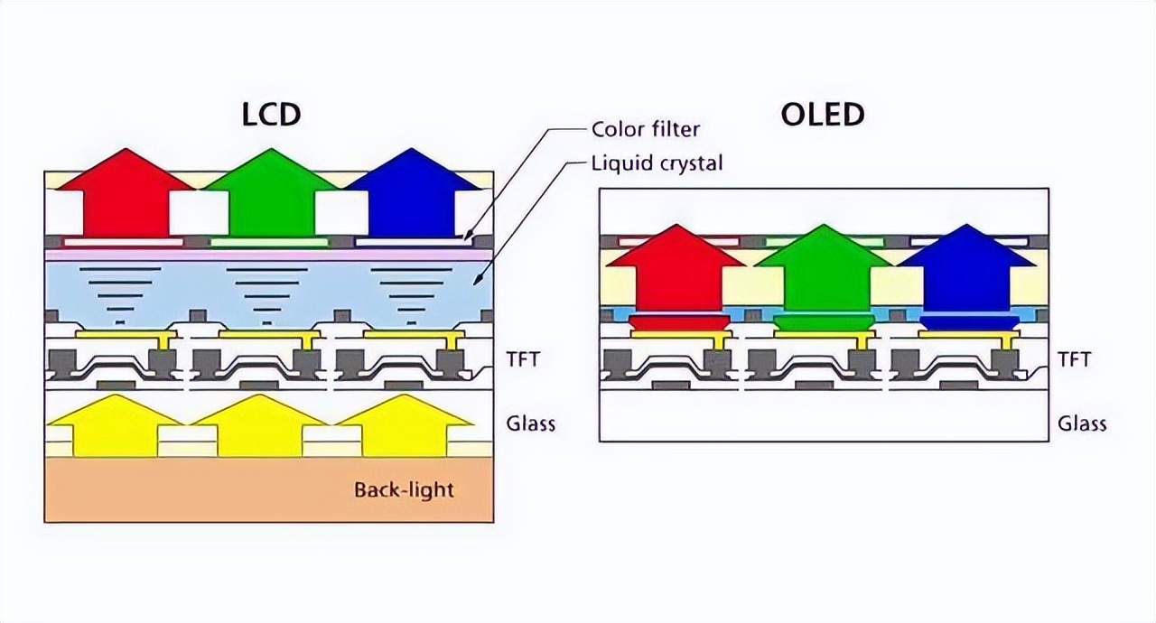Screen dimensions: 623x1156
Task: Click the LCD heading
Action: pyautogui.click(x=271, y=116)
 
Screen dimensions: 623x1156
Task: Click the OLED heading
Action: pyautogui.click(x=823, y=115)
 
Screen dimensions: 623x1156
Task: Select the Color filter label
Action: pyautogui.click(x=646, y=129)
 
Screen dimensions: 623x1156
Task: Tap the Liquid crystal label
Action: pyautogui.click(x=657, y=163)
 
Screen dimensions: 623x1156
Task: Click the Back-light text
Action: pyautogui.click(x=404, y=490)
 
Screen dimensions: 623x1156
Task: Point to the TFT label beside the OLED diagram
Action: pyautogui.click(x=1074, y=359)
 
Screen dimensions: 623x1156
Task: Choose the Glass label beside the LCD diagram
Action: pyautogui.click(x=530, y=423)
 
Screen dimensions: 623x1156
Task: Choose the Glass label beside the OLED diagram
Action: pyautogui.click(x=1082, y=423)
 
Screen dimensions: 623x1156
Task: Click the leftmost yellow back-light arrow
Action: pyautogui.click(x=115, y=428)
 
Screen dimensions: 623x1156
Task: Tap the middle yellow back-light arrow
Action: pyautogui.click(x=259, y=428)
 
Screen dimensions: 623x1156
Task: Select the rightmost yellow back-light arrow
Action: pyautogui.click(x=405, y=428)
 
